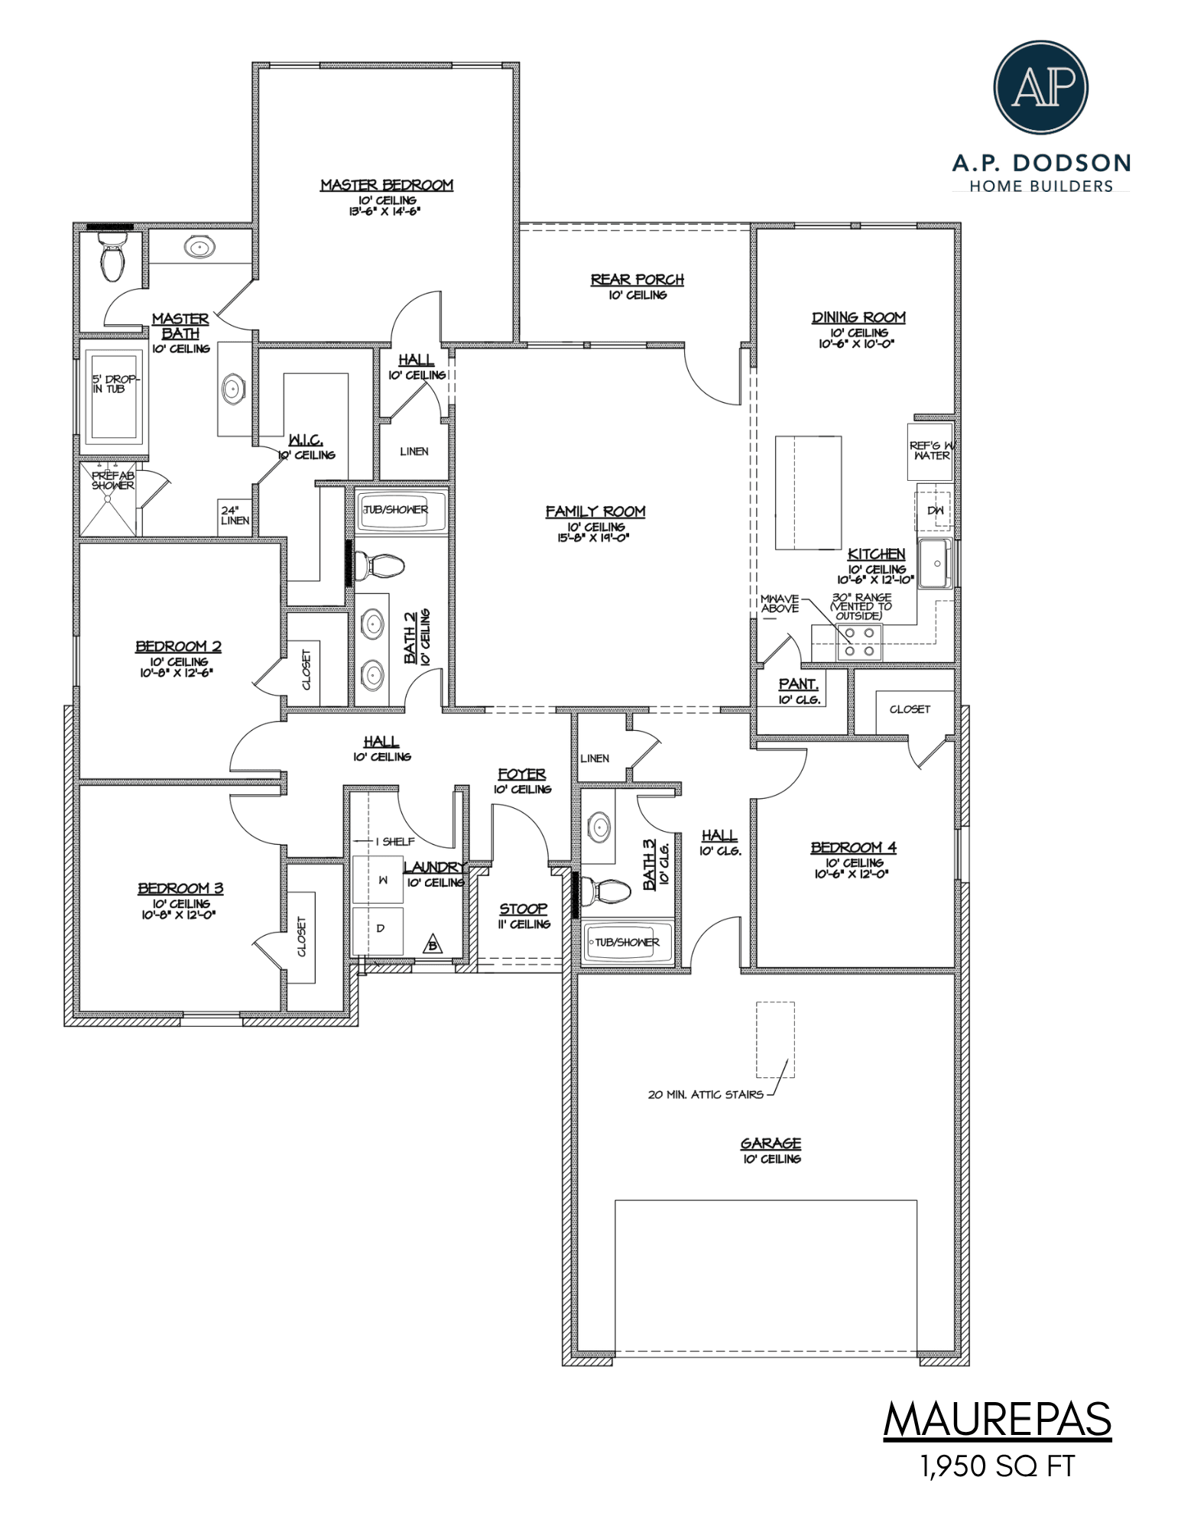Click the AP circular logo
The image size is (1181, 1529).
pyautogui.click(x=1040, y=87)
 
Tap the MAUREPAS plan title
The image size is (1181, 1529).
pyautogui.click(x=997, y=1420)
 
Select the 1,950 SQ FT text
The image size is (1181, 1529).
pyautogui.click(x=997, y=1466)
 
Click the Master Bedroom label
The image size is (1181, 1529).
pyautogui.click(x=386, y=185)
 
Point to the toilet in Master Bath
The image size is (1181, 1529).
pyautogui.click(x=112, y=258)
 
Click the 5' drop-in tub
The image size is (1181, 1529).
pyautogui.click(x=114, y=394)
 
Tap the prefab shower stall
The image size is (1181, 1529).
pyautogui.click(x=109, y=498)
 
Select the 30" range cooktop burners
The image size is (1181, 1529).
pyautogui.click(x=859, y=642)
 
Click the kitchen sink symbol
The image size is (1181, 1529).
pyautogui.click(x=936, y=563)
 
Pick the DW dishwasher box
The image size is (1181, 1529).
pyautogui.click(x=935, y=510)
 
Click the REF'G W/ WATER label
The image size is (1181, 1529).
pyautogui.click(x=930, y=450)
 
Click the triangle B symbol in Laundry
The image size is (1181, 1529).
pyautogui.click(x=433, y=945)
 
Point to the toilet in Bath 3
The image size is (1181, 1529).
pyautogui.click(x=605, y=891)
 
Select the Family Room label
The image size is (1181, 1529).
pyautogui.click(x=595, y=511)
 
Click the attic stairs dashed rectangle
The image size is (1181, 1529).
pyautogui.click(x=775, y=1039)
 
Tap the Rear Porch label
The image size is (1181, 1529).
pyautogui.click(x=637, y=280)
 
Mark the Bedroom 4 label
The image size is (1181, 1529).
pyautogui.click(x=853, y=847)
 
